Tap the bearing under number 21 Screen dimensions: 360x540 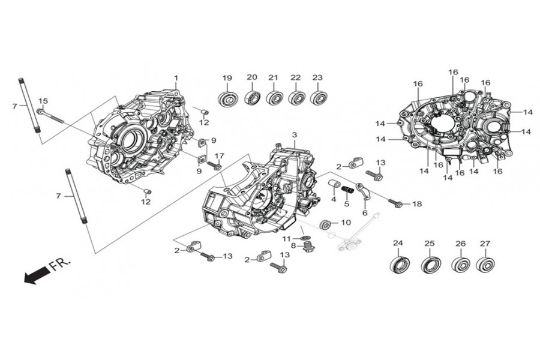pos(274,97)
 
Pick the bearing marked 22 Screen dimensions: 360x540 pos(296,97)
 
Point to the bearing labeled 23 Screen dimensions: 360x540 pos(317,97)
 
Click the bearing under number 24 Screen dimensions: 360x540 pos(398,264)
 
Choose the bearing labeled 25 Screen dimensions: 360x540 pos(430,264)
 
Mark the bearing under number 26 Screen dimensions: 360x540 pos(461,265)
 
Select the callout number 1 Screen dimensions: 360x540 pos(176,78)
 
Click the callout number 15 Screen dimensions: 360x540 pos(43,100)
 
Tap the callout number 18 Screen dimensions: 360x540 pos(417,204)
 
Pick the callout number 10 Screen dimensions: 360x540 pos(346,223)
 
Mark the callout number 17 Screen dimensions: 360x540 pos(219,155)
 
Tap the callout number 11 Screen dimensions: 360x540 pos(287,239)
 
